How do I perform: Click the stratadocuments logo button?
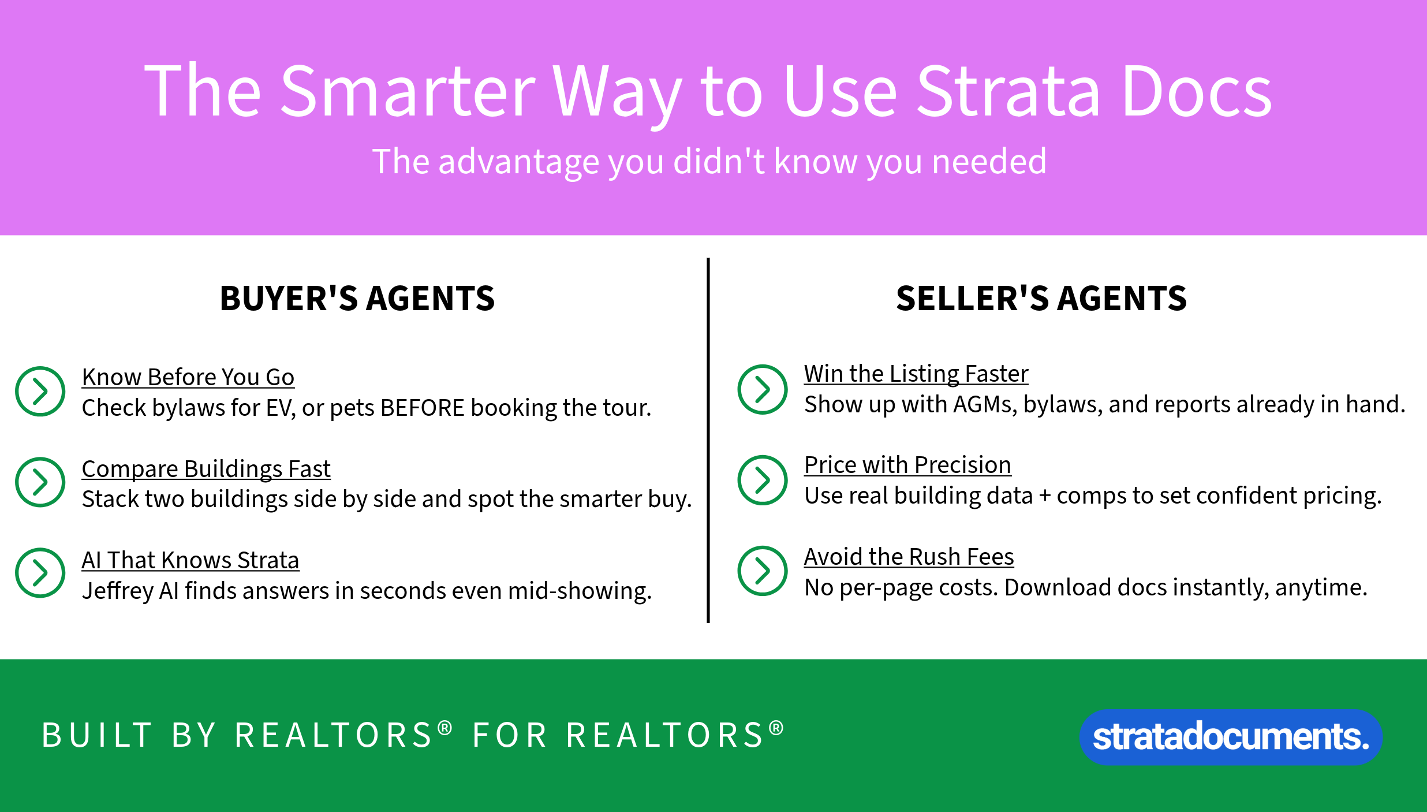(1231, 737)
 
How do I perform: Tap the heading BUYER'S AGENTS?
(357, 299)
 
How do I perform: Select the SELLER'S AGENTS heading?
(1041, 299)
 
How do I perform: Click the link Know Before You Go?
(188, 377)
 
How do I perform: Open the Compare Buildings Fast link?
(206, 469)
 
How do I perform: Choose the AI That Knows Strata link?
(190, 560)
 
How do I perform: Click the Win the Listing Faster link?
(916, 374)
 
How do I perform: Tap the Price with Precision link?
(907, 465)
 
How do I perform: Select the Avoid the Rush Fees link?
(909, 557)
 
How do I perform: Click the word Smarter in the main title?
(409, 91)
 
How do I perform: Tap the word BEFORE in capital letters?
(423, 408)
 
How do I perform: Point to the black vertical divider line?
(708, 440)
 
